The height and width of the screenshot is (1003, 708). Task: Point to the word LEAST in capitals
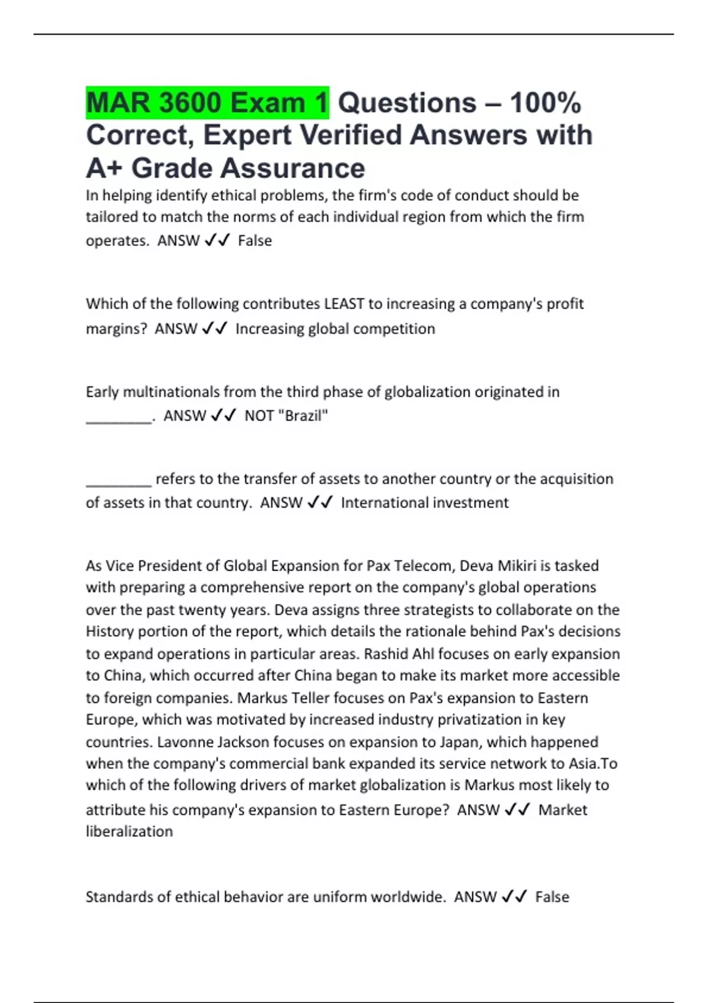(x=344, y=304)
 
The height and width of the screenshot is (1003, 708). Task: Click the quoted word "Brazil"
(x=303, y=416)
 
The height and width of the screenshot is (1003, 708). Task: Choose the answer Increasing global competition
(x=335, y=329)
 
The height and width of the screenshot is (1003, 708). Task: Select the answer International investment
(x=424, y=503)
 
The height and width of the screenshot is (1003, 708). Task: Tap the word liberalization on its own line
(x=129, y=831)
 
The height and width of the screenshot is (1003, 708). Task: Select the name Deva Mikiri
(x=497, y=566)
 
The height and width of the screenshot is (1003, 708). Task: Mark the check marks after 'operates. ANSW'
(x=217, y=241)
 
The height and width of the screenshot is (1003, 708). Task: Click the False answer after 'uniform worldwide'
(x=552, y=897)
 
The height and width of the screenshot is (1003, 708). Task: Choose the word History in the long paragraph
(x=110, y=631)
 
